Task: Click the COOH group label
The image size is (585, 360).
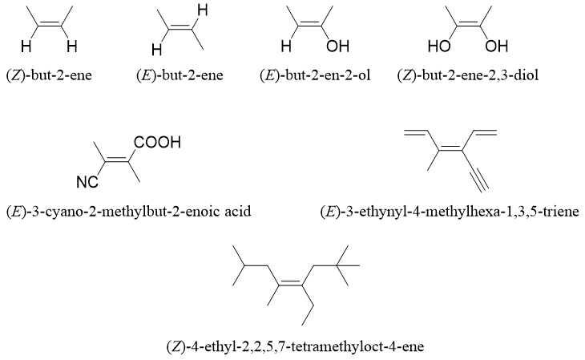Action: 157,144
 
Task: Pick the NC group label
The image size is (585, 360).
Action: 88,183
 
